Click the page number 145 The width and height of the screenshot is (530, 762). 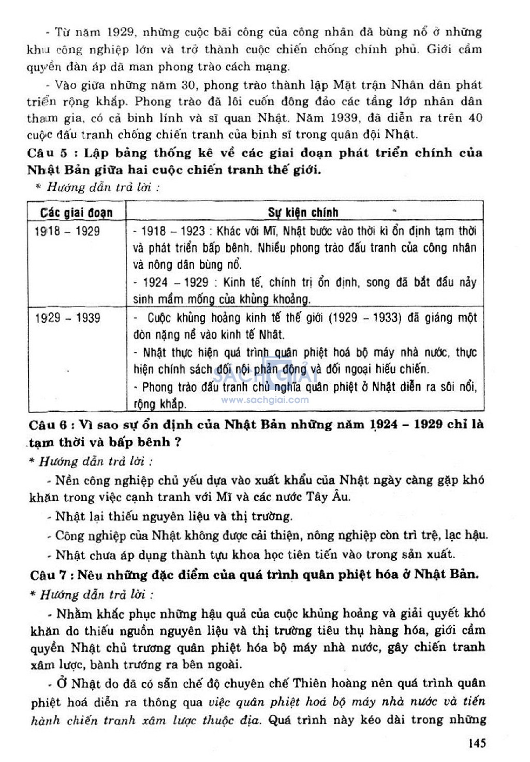tap(477, 743)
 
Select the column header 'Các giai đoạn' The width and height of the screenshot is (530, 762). tap(76, 213)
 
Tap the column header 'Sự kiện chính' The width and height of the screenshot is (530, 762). tap(303, 212)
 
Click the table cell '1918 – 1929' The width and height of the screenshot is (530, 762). tap(67, 231)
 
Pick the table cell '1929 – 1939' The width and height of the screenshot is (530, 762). tap(67, 318)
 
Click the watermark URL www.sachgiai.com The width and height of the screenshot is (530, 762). tap(264, 400)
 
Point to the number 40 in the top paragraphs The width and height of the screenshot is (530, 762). tap(475, 118)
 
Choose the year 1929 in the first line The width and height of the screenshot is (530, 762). tap(121, 32)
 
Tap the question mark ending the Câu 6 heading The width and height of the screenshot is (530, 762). tap(178, 442)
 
